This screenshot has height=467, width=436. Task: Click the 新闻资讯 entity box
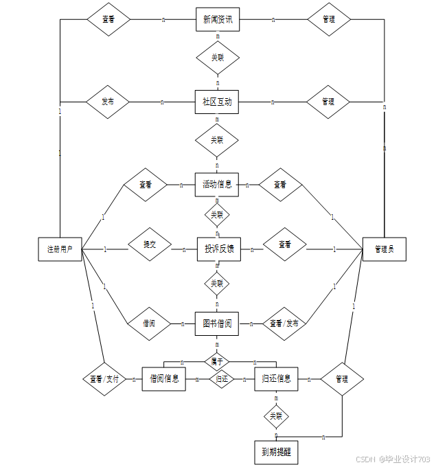tap(218, 20)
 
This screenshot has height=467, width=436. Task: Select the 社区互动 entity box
tap(217, 102)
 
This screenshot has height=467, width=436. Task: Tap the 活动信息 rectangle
tap(217, 184)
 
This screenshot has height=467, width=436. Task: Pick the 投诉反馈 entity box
tap(218, 249)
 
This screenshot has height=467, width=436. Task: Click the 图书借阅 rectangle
tap(217, 323)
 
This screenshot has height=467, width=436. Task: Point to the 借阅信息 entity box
tap(163, 378)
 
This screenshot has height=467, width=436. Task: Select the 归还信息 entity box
tap(276, 378)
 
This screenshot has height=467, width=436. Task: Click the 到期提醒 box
tap(277, 452)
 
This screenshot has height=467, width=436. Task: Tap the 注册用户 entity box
tap(60, 249)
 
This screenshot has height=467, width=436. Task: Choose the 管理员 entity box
tap(384, 249)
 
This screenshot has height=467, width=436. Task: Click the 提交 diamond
tap(150, 244)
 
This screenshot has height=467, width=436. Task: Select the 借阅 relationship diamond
tap(148, 322)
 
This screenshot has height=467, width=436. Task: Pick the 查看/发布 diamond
tap(284, 323)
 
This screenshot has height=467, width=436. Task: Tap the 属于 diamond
tap(217, 360)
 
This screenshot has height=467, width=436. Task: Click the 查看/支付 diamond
tap(104, 378)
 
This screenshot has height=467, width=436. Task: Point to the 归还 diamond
tap(222, 378)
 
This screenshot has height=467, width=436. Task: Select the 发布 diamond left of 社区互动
tap(108, 102)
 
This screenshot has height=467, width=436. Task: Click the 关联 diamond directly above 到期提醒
tap(276, 415)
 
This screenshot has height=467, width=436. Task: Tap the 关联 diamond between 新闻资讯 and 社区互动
tap(218, 58)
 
